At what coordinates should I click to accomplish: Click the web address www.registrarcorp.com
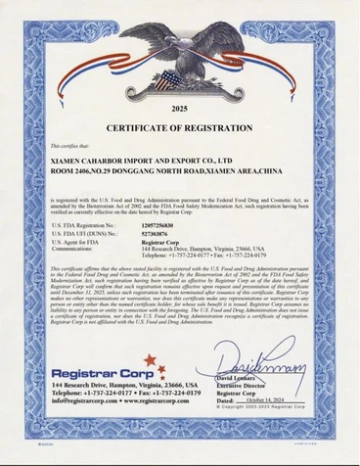(156, 401)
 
